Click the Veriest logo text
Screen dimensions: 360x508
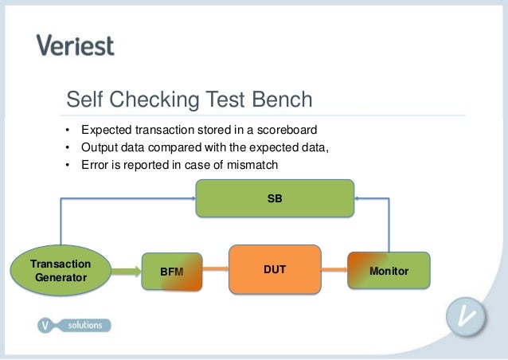coord(76,45)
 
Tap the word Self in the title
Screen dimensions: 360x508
coord(85,100)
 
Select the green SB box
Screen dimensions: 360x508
coord(275,198)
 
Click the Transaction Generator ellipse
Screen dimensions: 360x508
coord(61,271)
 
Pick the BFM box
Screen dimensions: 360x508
coord(171,272)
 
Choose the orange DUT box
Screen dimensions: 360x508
coord(275,270)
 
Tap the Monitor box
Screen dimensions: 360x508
coord(389,271)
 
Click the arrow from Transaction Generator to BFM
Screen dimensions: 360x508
coord(127,272)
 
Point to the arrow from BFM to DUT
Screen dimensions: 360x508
coord(215,271)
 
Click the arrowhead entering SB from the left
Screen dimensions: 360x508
coord(192,198)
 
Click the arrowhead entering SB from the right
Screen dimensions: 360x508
coord(358,198)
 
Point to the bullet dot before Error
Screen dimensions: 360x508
coord(68,165)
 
